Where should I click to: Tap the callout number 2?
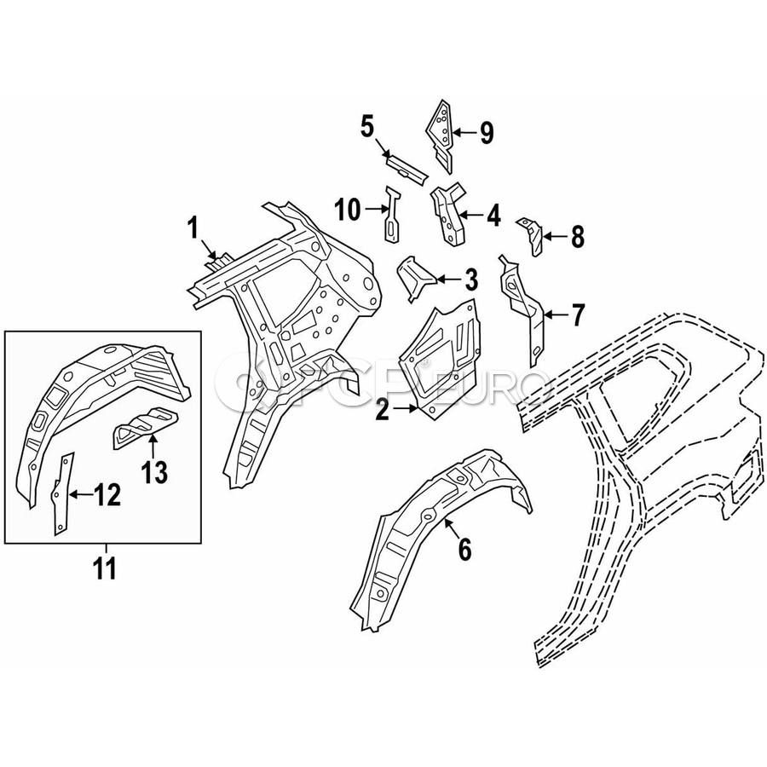[382, 409]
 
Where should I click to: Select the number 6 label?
[464, 549]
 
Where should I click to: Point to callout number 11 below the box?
[105, 568]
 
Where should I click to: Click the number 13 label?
[154, 472]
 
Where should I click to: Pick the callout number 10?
[348, 210]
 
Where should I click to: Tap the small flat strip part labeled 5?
[406, 168]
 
